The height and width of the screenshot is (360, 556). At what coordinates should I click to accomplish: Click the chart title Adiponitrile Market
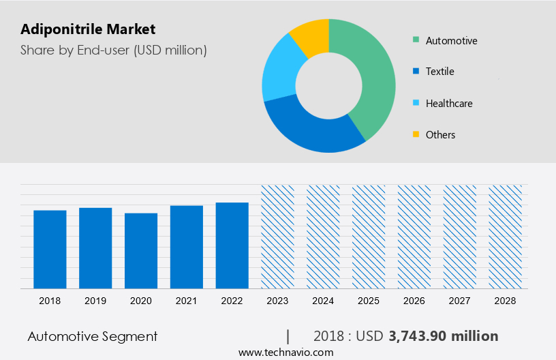[x=88, y=29]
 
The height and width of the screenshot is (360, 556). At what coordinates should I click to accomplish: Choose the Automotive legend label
[x=451, y=41]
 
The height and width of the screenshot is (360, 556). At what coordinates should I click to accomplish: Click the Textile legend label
[x=439, y=72]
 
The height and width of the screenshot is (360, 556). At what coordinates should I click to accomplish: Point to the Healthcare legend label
[x=448, y=104]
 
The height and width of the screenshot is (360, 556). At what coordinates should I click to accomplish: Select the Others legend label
[x=440, y=135]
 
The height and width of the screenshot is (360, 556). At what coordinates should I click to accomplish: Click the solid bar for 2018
[x=50, y=249]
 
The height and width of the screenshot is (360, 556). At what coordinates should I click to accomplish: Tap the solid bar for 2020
[x=141, y=250]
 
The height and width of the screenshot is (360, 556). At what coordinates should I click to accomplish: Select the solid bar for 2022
[x=232, y=245]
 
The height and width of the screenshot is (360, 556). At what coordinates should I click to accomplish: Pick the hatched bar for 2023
[x=277, y=236]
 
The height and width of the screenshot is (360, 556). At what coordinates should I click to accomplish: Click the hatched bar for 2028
[x=506, y=236]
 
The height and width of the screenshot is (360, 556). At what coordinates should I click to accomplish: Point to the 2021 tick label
[x=187, y=301]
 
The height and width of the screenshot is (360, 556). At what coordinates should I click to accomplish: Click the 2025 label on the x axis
[x=369, y=301]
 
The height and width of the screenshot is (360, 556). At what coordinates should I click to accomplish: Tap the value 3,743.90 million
[x=443, y=336]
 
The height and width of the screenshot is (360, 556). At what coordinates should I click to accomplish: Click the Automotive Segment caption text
[x=93, y=336]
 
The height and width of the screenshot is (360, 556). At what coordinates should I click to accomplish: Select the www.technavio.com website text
[x=285, y=352]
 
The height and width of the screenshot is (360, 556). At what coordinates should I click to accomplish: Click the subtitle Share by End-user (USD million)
[x=114, y=50]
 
